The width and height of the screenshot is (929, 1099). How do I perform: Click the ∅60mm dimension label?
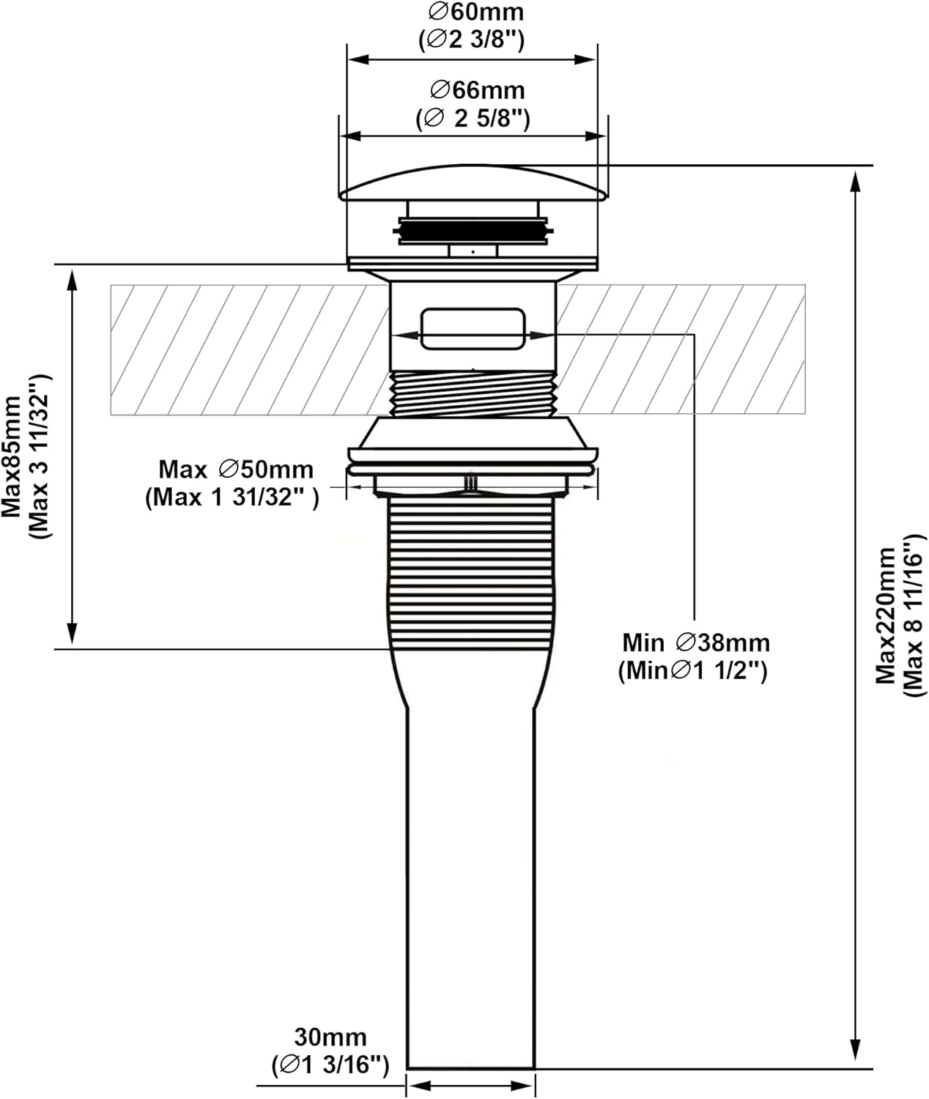(x=476, y=12)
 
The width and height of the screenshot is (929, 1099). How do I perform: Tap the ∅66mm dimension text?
(x=478, y=90)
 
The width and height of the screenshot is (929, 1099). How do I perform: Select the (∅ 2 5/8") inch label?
(x=473, y=118)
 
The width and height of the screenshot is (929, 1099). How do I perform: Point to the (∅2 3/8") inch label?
(x=472, y=40)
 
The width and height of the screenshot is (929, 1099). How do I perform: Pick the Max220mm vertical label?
(x=887, y=615)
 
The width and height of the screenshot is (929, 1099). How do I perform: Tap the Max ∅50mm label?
(x=236, y=469)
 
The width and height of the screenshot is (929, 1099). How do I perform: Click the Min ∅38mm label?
(x=696, y=643)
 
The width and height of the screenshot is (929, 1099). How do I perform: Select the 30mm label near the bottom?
(x=330, y=1037)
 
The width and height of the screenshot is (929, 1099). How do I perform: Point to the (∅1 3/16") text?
(x=330, y=1064)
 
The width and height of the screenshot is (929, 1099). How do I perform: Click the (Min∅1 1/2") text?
(x=692, y=670)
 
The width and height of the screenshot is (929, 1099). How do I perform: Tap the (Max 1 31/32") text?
(x=232, y=497)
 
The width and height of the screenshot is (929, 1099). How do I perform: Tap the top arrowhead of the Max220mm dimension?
(x=854, y=180)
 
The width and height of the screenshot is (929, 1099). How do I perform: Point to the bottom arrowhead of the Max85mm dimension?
(x=72, y=634)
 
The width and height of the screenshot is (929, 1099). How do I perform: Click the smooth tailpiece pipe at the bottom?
(x=471, y=879)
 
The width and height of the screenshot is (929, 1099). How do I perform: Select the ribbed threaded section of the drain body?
(x=471, y=571)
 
